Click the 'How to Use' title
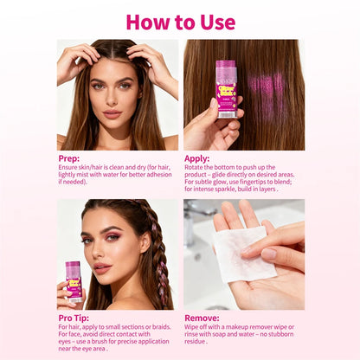tap(181, 22)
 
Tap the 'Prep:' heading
tap(68, 158)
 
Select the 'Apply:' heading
tap(197, 158)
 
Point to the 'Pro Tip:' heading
tap(74, 318)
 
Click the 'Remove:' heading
tap(202, 318)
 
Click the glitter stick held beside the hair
tap(227, 89)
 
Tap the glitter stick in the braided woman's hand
tap(74, 281)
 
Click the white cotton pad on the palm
tap(244, 254)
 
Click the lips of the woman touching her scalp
tap(112, 113)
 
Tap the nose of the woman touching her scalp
tap(112, 97)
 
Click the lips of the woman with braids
tap(102, 268)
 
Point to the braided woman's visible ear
tap(145, 241)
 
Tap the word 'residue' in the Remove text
tap(195, 342)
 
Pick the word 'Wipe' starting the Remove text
tap(192, 327)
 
